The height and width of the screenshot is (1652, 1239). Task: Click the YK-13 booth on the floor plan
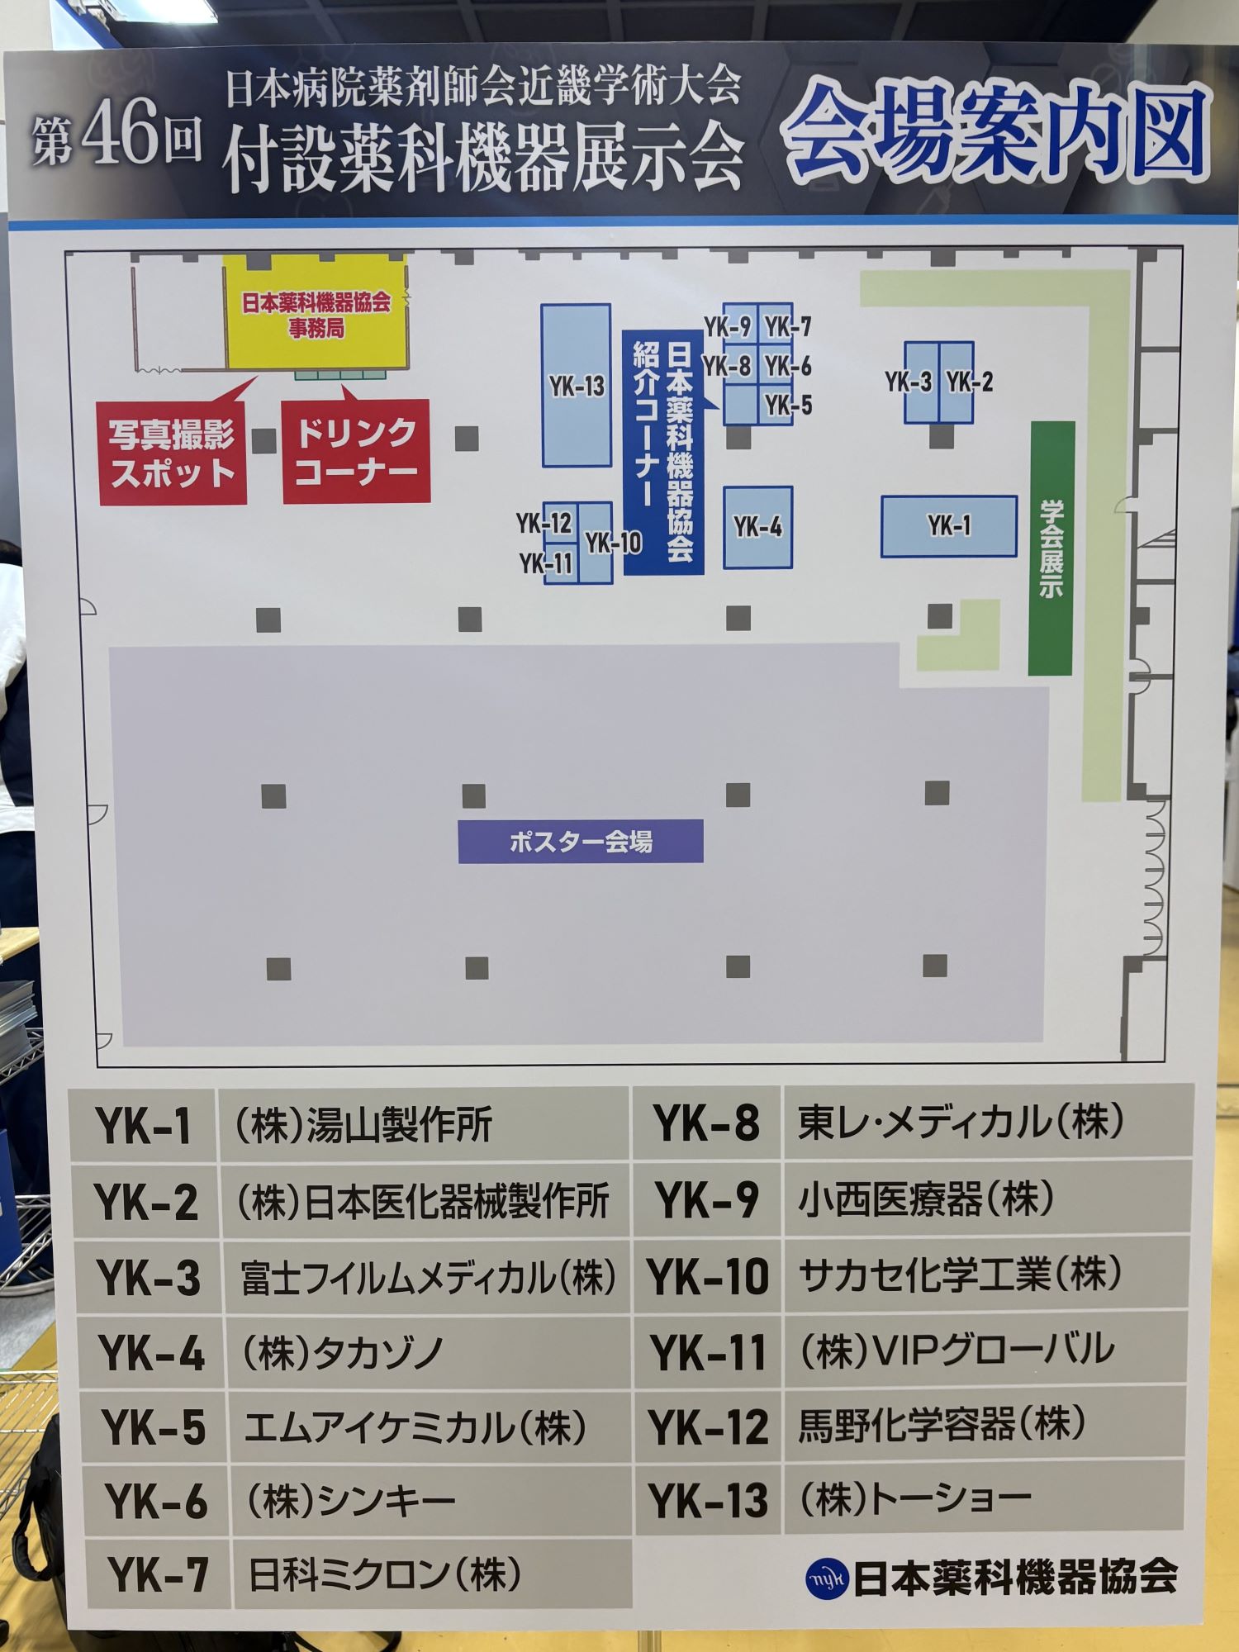[x=576, y=386]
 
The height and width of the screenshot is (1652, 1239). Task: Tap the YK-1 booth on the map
[x=948, y=526]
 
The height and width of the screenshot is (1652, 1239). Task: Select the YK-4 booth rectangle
[x=757, y=527]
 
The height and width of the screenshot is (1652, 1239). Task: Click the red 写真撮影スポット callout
[x=173, y=453]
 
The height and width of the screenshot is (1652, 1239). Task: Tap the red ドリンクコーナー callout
[x=356, y=451]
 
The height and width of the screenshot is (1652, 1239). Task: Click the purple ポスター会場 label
[x=581, y=842]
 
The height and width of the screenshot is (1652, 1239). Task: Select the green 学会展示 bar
[x=1051, y=548]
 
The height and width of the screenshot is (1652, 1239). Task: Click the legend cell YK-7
[x=158, y=1574]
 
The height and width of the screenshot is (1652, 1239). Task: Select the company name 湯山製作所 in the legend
[x=400, y=1125]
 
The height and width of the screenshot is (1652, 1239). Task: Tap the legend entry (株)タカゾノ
[x=342, y=1353]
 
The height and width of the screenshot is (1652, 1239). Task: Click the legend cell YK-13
[x=708, y=1501]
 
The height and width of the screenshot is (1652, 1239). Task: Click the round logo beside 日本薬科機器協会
[x=827, y=1578]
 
